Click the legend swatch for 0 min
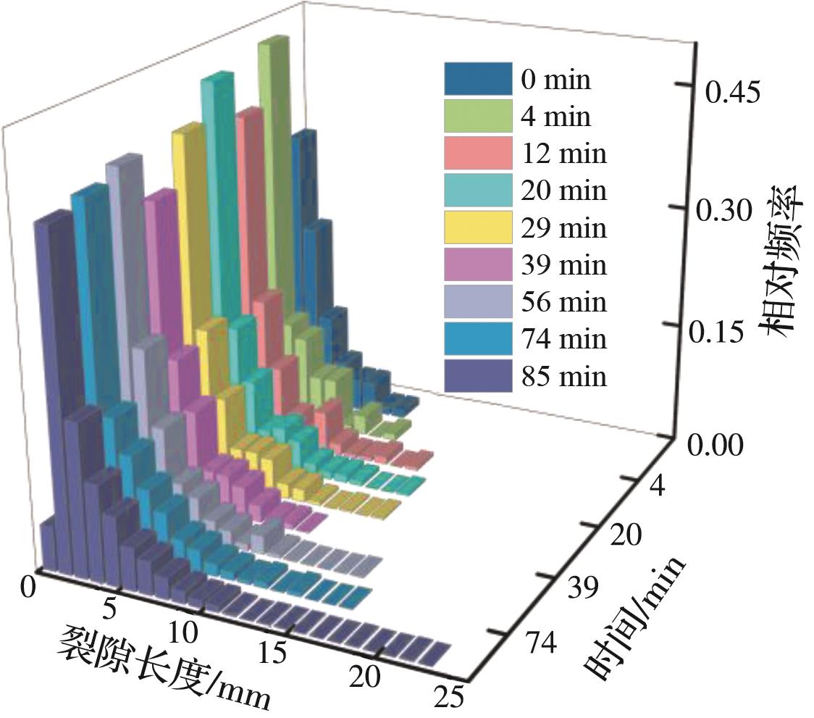tap(478, 79)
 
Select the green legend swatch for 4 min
tap(478, 116)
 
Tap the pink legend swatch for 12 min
tap(478, 154)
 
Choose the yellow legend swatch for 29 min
tap(478, 227)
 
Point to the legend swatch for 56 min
tap(478, 302)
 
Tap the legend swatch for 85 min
tap(478, 377)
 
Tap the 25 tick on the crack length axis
tap(450, 699)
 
